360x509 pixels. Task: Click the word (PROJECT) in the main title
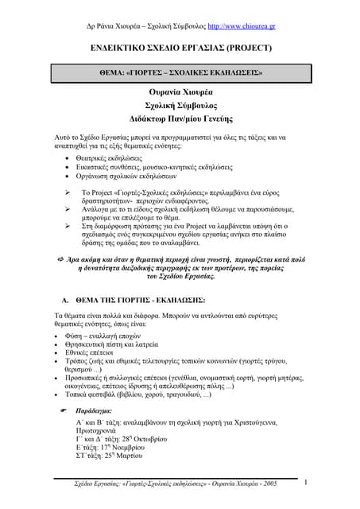point(247,48)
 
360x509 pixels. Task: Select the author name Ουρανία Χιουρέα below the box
point(180,91)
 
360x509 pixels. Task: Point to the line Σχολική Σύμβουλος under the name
point(180,105)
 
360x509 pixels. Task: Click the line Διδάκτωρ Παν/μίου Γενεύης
point(180,119)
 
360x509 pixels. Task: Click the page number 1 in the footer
point(305,482)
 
